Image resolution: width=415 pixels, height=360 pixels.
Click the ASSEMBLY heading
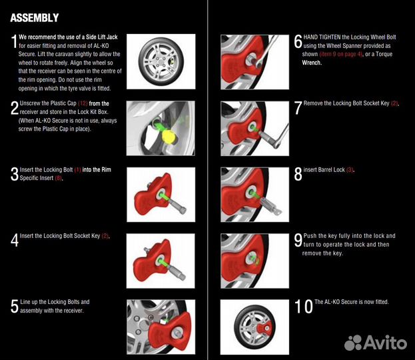35,18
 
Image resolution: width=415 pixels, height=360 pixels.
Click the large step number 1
14,41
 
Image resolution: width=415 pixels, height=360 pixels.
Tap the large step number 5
14,306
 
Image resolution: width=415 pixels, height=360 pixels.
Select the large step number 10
303,306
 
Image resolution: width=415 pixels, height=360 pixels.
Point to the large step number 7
298,108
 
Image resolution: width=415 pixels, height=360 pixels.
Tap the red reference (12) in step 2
83,103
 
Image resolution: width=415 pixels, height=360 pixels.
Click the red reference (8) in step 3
59,178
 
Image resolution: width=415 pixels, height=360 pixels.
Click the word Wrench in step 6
312,63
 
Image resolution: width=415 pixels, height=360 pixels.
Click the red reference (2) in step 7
394,103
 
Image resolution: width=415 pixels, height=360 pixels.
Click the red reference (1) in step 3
77,170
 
